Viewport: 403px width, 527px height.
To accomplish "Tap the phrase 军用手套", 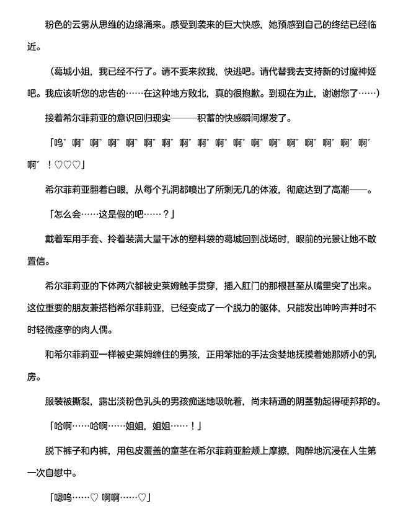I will (82, 239).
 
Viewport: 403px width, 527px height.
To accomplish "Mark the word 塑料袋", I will (221, 239).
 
